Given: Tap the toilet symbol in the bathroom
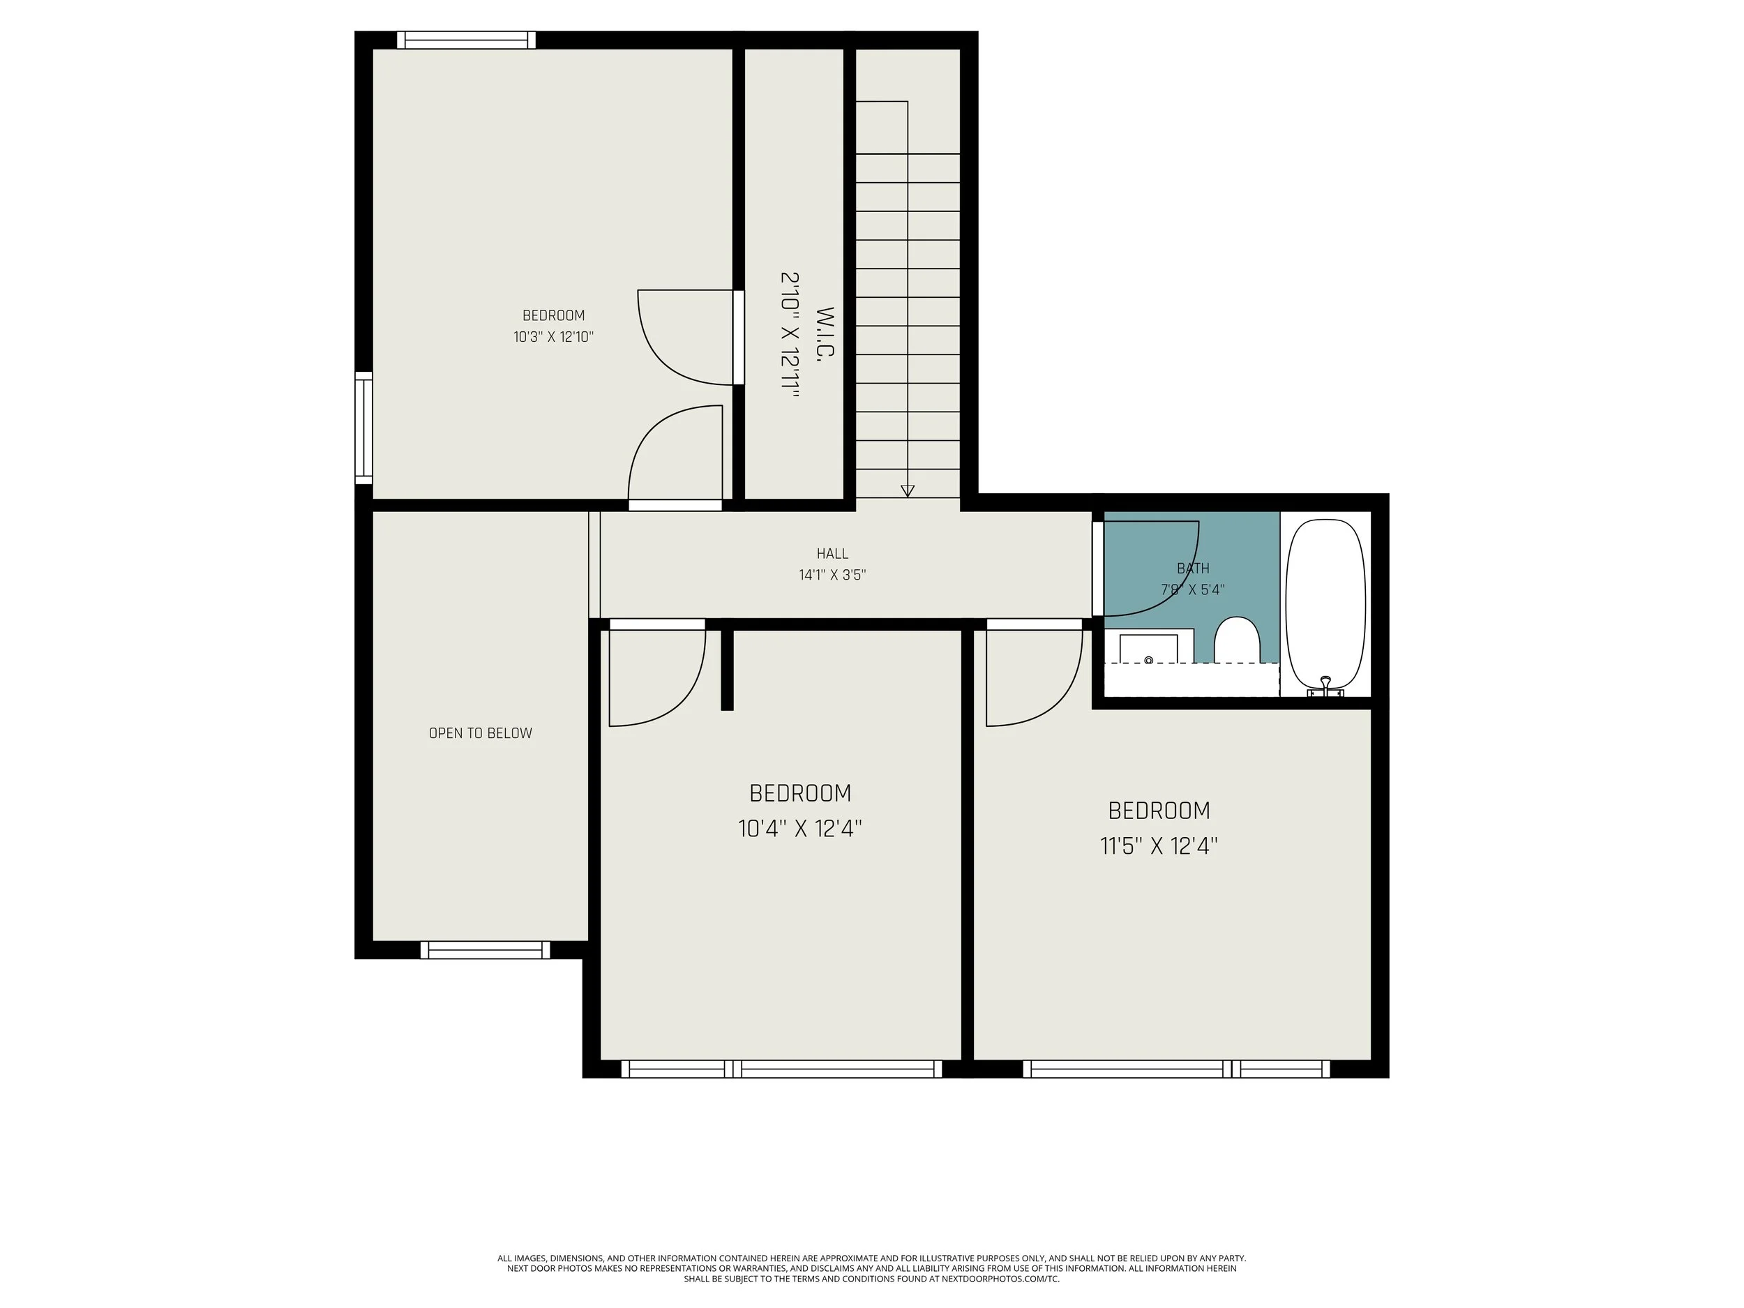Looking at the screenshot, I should pos(1235,640).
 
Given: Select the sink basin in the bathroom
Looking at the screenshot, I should pos(1149,649).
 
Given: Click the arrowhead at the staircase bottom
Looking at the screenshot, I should pos(908,490).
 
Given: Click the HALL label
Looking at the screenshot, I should pos(832,553).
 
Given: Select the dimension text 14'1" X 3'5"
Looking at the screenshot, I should pos(832,575).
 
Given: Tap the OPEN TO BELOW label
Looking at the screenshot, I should pos(480,733).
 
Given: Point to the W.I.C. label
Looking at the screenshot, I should pos(825,335).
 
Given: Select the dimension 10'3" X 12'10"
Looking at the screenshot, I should pos(553,338).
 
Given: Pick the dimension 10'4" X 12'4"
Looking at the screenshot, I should pos(799,829).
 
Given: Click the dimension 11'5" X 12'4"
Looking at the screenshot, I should pos(1158,846).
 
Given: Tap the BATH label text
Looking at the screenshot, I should pos(1193,568).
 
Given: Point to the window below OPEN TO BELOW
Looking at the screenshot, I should pos(485,950).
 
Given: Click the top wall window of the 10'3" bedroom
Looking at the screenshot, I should pos(466,40).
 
